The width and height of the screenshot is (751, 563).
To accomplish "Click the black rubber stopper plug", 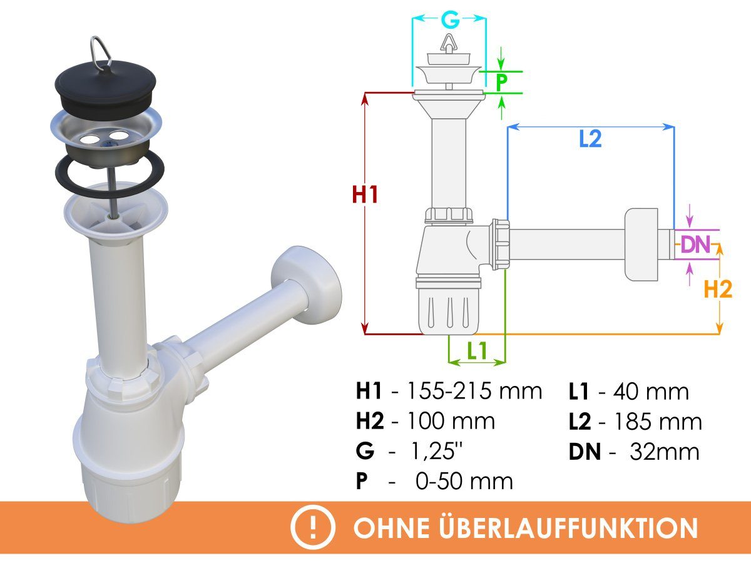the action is point(105,89).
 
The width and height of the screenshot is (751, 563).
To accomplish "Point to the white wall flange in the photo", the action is point(306,285).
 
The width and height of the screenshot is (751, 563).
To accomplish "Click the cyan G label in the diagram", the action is point(450,21).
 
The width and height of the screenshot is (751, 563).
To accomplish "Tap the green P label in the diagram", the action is point(501,83).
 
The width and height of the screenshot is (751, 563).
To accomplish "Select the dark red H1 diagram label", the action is point(365,195).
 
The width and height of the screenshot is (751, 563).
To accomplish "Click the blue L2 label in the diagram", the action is point(590,139).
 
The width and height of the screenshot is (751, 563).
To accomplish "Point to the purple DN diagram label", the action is point(695,245).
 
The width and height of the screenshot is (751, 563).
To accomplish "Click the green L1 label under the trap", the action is point(477,350).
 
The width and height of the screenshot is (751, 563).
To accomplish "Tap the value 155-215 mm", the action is point(474,391).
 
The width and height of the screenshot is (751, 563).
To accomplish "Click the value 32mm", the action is point(665,452).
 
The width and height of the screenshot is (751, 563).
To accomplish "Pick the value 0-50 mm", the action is point(464,481).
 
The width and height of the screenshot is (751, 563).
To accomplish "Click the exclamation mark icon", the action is point(313,527).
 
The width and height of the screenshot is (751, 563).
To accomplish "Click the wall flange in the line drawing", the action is point(641,245).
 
